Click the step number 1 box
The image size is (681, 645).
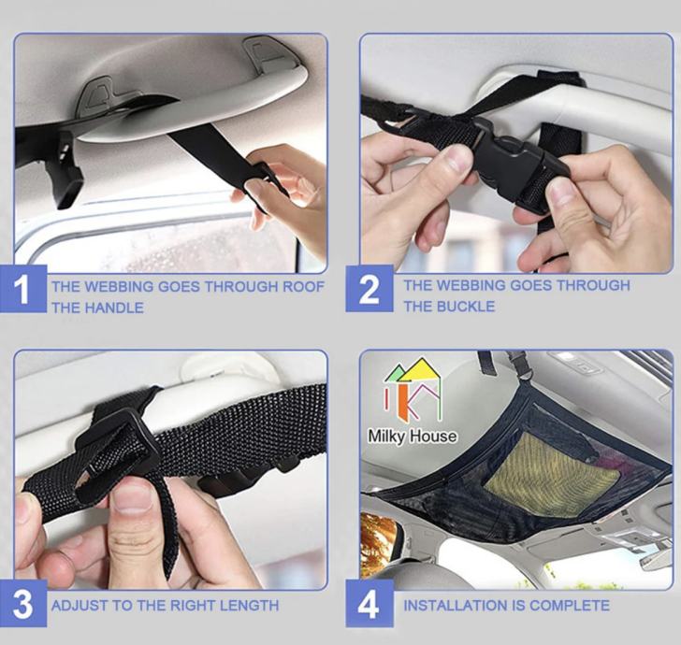(23, 288)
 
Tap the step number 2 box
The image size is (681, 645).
(369, 288)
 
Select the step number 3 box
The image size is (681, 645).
(23, 604)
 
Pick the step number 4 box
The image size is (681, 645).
(369, 604)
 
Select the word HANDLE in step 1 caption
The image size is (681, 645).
(114, 308)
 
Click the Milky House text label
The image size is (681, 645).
(413, 436)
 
